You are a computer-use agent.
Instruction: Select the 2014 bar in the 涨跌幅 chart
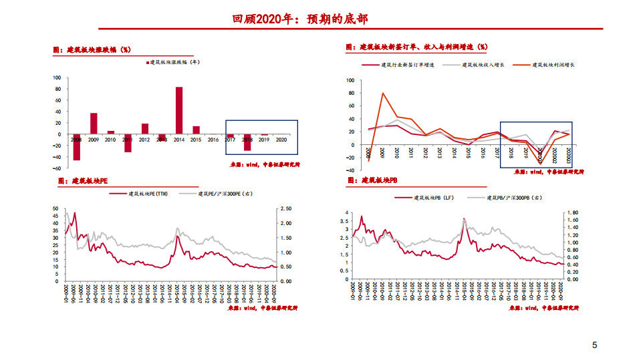pos(179,110)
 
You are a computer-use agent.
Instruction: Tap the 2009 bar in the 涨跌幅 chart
pos(94,124)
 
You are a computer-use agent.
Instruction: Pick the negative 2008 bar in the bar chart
pos(76,147)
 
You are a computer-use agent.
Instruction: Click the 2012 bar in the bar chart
pos(145,129)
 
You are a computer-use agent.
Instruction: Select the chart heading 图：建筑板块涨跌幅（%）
pos(92,49)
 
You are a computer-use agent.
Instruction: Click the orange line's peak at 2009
pos(382,94)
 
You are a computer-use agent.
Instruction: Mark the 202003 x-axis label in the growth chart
pos(569,155)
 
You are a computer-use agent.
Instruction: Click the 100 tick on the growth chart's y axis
pos(351,81)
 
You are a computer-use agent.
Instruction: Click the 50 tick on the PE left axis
pos(56,208)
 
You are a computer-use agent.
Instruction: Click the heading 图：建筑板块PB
pos(373,180)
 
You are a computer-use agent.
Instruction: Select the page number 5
pos(594,345)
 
